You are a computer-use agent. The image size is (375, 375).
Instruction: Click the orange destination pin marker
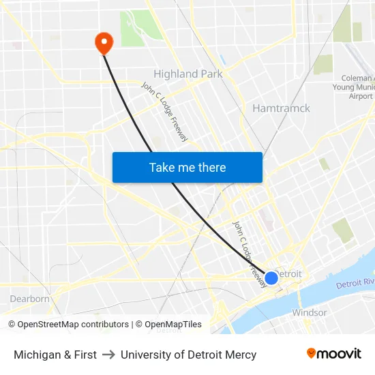click(x=104, y=43)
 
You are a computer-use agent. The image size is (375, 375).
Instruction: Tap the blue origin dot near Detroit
click(x=271, y=277)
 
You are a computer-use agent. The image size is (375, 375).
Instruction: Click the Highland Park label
click(x=188, y=74)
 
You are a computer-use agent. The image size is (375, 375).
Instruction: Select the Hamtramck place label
click(x=281, y=108)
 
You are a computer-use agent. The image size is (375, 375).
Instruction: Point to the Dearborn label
click(x=29, y=299)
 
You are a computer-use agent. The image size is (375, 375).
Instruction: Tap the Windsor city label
click(x=310, y=312)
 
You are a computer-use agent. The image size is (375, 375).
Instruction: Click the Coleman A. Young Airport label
click(x=352, y=87)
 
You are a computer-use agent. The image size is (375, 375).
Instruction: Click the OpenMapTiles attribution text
click(x=172, y=325)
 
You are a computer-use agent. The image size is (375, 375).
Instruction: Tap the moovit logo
click(x=334, y=354)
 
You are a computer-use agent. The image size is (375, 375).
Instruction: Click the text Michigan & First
click(x=55, y=355)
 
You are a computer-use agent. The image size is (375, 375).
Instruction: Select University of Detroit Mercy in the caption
click(x=188, y=355)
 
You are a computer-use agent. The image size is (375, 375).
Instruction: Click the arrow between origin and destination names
click(x=108, y=355)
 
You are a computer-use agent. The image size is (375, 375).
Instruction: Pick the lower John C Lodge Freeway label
click(x=248, y=252)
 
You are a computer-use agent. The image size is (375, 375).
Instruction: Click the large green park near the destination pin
click(x=141, y=28)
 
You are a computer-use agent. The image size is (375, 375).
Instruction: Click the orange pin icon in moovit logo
click(x=312, y=353)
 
